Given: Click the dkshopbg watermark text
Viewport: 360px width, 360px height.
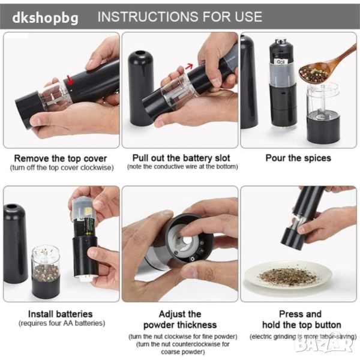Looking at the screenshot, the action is [x=45, y=18].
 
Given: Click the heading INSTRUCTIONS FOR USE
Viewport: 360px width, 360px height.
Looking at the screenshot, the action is [x=180, y=17].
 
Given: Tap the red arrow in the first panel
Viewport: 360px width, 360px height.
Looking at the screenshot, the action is [x=70, y=79].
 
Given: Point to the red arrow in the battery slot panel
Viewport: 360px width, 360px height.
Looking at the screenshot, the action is [x=189, y=67].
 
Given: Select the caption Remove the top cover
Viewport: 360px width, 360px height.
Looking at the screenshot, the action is [x=61, y=158].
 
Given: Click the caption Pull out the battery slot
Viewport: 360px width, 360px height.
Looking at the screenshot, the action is [x=181, y=158].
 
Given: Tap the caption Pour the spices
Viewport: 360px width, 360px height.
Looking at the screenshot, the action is [x=298, y=158].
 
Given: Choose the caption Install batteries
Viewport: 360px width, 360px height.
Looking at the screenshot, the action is [x=60, y=314].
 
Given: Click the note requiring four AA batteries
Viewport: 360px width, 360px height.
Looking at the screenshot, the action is [x=62, y=323].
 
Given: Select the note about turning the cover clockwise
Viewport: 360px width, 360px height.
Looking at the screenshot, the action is [x=62, y=167].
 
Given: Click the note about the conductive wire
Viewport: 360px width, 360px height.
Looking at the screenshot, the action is [x=182, y=166].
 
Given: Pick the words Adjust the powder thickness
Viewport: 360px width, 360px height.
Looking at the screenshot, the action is [x=180, y=319].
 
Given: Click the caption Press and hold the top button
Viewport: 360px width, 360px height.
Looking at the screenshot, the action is [x=301, y=319].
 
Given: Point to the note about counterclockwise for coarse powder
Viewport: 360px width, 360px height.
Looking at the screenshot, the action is [x=183, y=348].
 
